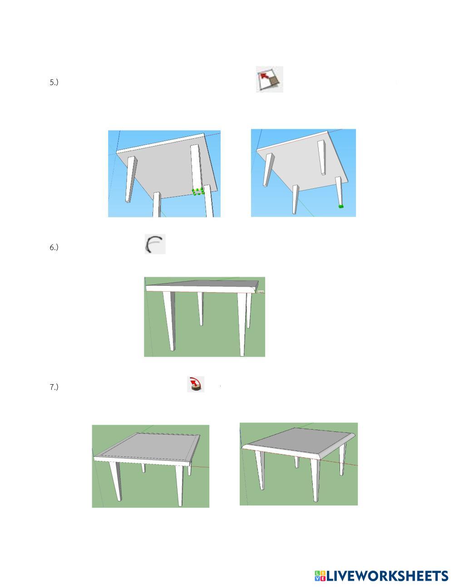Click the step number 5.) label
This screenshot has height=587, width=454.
54,82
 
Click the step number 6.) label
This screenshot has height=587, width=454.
54,247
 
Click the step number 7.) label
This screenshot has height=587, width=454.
54,387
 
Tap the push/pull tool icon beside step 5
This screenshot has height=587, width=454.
269,79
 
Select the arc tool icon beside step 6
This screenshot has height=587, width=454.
155,244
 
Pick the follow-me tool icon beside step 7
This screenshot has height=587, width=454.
196,384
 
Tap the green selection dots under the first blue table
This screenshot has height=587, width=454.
198,192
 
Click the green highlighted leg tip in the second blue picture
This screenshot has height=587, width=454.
341,207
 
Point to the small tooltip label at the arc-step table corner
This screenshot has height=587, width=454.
261,292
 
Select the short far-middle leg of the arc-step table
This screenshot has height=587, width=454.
200,308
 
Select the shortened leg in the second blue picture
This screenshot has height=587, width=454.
321,158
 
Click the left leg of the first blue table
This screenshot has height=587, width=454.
131,179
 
